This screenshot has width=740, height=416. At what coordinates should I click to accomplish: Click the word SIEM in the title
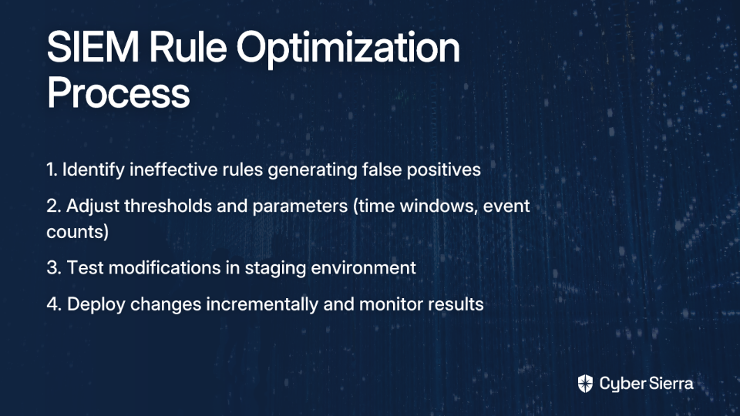pyautogui.click(x=93, y=47)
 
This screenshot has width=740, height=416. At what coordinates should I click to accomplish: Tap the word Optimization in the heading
pyautogui.click(x=348, y=49)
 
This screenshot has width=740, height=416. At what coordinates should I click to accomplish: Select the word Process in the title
pyautogui.click(x=119, y=92)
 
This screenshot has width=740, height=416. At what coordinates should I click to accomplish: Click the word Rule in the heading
pyautogui.click(x=188, y=47)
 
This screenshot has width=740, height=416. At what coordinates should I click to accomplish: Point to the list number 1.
pyautogui.click(x=52, y=169)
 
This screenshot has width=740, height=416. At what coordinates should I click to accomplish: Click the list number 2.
pyautogui.click(x=53, y=206)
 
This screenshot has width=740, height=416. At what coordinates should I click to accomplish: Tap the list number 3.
pyautogui.click(x=54, y=267)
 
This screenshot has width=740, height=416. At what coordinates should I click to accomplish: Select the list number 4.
pyautogui.click(x=54, y=304)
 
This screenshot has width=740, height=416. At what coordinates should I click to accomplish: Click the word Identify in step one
pyautogui.click(x=93, y=170)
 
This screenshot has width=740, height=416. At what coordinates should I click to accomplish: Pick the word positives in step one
pyautogui.click(x=444, y=170)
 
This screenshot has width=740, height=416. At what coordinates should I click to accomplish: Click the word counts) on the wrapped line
pyautogui.click(x=77, y=232)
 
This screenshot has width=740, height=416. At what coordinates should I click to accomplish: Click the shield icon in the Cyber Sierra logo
pyautogui.click(x=585, y=384)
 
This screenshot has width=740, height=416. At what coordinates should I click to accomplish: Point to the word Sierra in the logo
pyautogui.click(x=670, y=383)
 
